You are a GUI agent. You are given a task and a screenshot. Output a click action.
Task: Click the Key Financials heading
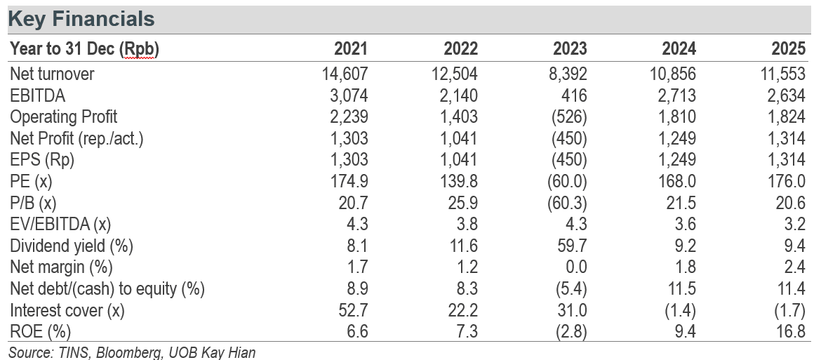(x=81, y=20)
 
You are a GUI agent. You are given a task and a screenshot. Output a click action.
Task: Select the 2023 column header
(x=570, y=48)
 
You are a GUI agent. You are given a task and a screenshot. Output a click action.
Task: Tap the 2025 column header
(x=788, y=48)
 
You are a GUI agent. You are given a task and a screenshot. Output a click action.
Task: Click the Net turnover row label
(x=52, y=74)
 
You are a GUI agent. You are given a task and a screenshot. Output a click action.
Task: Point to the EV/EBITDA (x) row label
(x=60, y=225)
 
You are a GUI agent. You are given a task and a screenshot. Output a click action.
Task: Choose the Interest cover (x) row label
(x=67, y=310)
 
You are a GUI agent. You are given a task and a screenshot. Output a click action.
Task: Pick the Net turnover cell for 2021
(x=345, y=74)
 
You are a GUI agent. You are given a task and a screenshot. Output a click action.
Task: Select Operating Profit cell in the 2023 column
(x=569, y=116)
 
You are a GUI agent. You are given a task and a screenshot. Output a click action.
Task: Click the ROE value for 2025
(x=790, y=331)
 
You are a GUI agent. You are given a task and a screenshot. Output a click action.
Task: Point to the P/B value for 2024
(x=681, y=203)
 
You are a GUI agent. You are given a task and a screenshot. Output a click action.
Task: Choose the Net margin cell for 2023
(x=576, y=267)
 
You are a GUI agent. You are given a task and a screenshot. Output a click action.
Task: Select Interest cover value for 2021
(x=353, y=310)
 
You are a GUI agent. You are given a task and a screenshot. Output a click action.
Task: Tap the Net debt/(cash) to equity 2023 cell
(x=571, y=288)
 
